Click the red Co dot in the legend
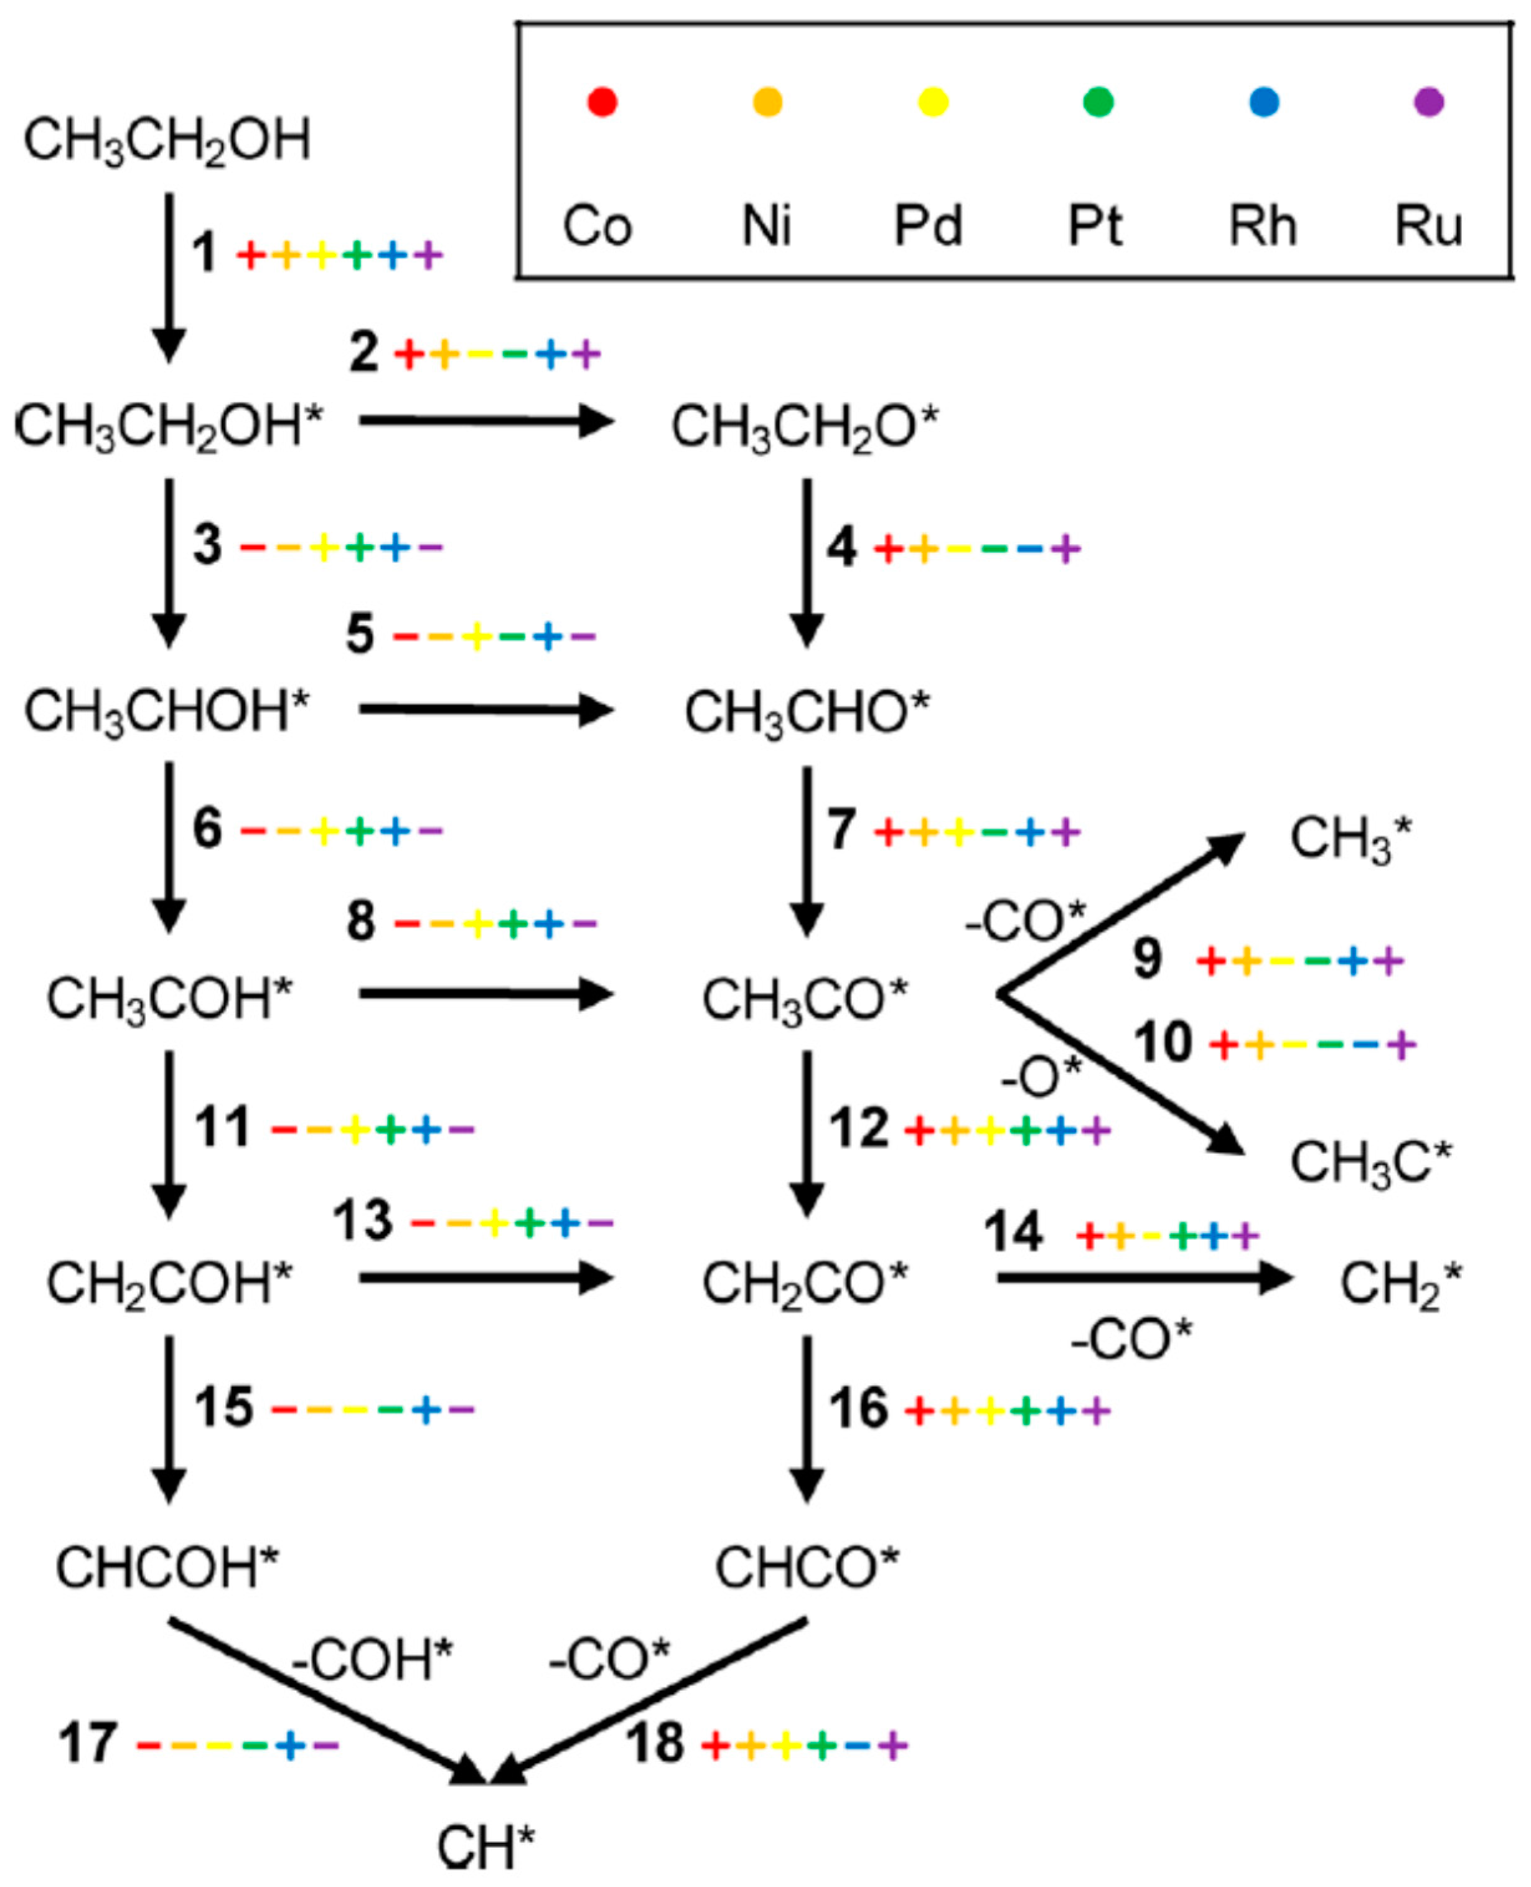(602, 101)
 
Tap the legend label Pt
(1095, 226)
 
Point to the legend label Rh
(1263, 226)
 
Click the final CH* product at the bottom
(486, 1847)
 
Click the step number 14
(1013, 1233)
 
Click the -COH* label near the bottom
(372, 1659)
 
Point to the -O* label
(1041, 1077)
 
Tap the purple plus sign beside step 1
(429, 256)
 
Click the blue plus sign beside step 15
(427, 1409)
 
